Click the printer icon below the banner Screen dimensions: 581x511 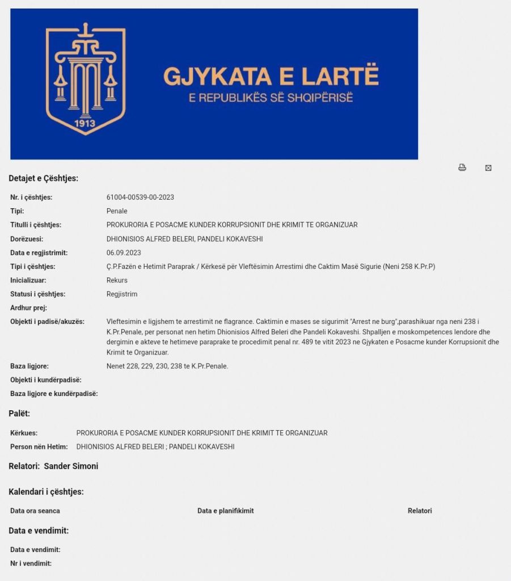tap(462, 167)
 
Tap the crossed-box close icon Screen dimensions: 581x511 tap(488, 168)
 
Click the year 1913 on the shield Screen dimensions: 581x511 tap(85, 123)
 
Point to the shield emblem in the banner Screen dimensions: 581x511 tap(86, 79)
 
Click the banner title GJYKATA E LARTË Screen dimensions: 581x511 tap(271, 76)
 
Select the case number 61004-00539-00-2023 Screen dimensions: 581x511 tap(140, 197)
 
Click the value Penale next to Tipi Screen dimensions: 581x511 tap(117, 211)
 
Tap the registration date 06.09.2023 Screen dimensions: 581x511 tap(124, 252)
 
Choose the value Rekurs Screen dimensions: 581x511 tap(117, 280)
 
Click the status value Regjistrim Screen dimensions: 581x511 tap(122, 294)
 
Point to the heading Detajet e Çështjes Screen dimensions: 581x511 tap(43, 178)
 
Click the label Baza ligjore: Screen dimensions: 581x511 tap(29, 366)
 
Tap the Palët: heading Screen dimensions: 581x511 tap(19, 413)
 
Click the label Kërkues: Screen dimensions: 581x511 tap(24, 433)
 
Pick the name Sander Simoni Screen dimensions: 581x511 tap(71, 466)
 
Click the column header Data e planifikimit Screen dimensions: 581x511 tap(225, 511)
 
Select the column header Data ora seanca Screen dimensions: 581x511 tap(35, 511)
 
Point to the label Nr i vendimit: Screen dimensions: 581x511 tap(31, 563)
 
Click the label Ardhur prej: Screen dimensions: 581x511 tap(28, 308)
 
